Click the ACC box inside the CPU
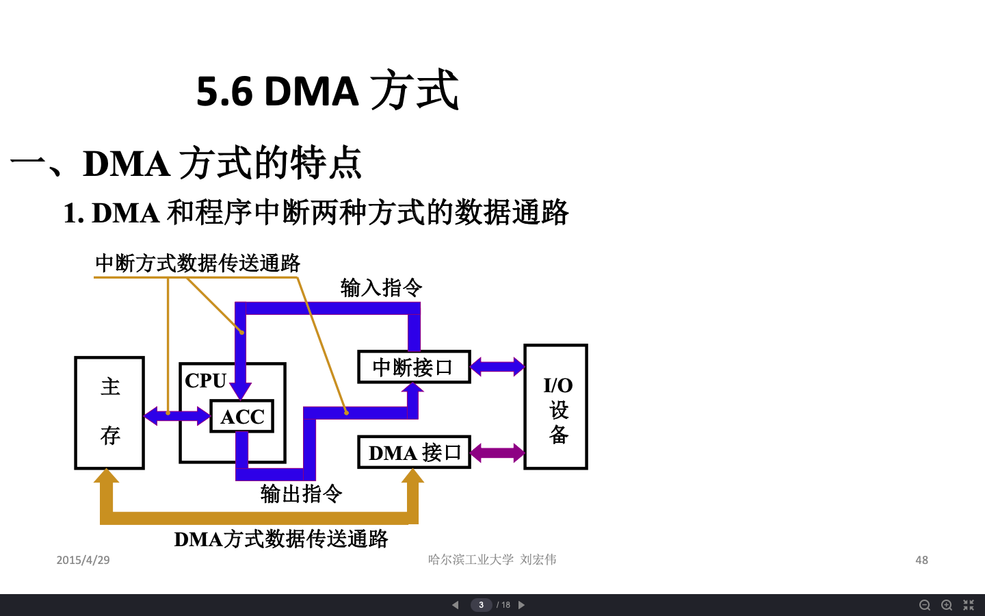[242, 416]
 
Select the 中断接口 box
[414, 367]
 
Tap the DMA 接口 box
[414, 452]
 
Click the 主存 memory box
[109, 412]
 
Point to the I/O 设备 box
[555, 407]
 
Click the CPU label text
[205, 381]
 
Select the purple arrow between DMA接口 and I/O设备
[497, 453]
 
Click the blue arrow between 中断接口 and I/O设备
[497, 367]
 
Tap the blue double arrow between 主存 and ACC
[177, 415]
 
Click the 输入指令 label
[381, 287]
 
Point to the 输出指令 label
[301, 493]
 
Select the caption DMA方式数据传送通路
[281, 539]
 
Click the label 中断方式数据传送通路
[198, 264]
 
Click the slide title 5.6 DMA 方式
[327, 91]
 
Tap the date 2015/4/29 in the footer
[83, 560]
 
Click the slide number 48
[921, 560]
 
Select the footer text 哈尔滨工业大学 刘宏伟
[492, 560]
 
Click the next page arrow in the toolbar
[521, 605]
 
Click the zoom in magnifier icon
[947, 605]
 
